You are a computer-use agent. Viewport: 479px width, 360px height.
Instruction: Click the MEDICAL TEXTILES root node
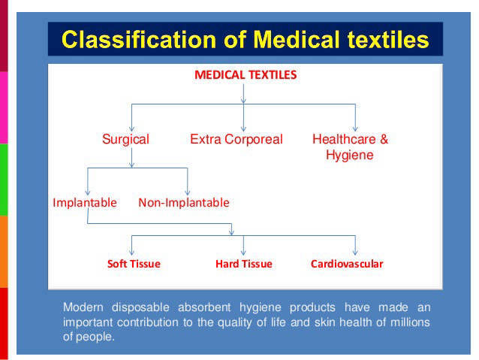click(246, 75)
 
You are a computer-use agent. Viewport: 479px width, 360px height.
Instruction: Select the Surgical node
click(125, 140)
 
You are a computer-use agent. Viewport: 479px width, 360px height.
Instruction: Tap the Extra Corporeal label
click(236, 139)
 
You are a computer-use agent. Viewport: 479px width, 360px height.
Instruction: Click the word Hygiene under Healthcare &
click(350, 155)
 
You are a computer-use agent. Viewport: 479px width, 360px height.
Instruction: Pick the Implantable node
click(85, 202)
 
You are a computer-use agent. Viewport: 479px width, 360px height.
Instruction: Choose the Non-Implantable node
click(184, 202)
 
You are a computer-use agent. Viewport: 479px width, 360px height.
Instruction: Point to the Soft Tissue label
click(134, 264)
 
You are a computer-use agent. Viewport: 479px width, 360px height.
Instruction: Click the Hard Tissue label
click(244, 264)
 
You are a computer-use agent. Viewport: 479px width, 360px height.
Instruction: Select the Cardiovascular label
click(347, 264)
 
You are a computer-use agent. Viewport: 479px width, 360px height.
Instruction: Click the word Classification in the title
click(139, 39)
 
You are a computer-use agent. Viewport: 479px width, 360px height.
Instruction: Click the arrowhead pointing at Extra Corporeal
click(243, 129)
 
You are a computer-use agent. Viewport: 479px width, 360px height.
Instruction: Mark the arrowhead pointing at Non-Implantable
click(188, 192)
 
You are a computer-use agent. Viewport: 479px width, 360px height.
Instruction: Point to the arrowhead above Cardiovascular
click(355, 252)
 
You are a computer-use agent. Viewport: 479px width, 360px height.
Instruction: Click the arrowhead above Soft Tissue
click(131, 252)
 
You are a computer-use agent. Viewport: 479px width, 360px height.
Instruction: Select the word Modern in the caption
click(83, 307)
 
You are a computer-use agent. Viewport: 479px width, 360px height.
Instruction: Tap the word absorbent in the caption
click(204, 307)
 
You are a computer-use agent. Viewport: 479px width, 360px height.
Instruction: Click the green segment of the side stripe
click(4, 180)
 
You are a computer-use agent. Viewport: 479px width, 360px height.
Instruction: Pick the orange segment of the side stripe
click(4, 252)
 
